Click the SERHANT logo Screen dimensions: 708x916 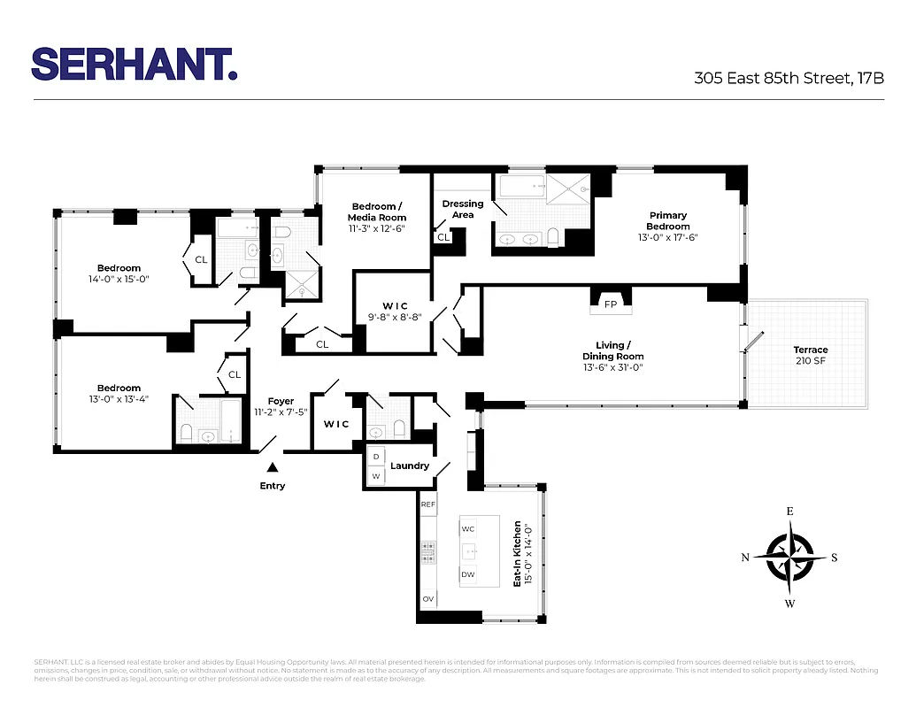135,64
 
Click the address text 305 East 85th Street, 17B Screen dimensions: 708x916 789,78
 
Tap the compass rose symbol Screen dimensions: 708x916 789,558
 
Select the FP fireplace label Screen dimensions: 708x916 611,304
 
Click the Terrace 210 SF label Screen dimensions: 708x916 811,355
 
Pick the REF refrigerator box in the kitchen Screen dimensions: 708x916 428,504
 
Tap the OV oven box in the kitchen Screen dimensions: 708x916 428,599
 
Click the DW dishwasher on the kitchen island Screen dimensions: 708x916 468,574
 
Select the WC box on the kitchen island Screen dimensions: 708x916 468,528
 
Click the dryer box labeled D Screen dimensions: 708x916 376,457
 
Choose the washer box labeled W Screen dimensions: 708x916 376,476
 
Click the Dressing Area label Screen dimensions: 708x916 463,209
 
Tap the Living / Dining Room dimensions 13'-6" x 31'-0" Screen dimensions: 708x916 612,366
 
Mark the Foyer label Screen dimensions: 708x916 281,401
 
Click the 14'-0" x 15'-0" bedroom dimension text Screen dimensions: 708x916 119,279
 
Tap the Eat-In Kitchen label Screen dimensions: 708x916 518,553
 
